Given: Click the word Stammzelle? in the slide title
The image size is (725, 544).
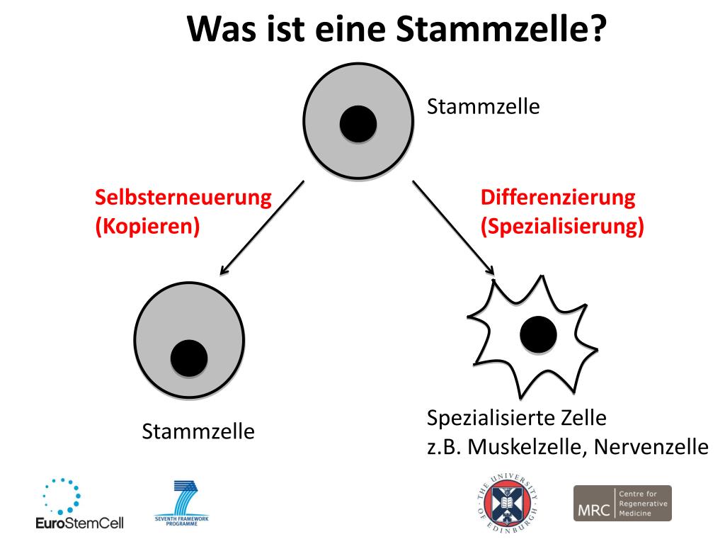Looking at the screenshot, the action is point(499,29).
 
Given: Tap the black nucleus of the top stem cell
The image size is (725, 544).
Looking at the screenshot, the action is point(358,125).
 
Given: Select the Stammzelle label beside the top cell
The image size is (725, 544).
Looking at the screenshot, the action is point(484,107).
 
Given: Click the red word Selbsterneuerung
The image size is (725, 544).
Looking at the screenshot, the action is point(183,198).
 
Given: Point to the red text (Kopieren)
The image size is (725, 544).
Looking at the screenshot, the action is point(147,227).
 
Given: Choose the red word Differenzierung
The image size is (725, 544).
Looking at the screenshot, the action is point(558,198).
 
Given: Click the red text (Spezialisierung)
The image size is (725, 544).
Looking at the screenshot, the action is point(562,227).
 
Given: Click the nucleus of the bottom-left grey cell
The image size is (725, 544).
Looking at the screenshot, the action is point(189,358).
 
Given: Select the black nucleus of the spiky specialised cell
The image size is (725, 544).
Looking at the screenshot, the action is point(538,335).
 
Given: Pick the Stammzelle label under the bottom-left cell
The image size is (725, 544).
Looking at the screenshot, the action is point(198,431).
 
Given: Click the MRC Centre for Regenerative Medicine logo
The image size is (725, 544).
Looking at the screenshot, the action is point(622,503).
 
